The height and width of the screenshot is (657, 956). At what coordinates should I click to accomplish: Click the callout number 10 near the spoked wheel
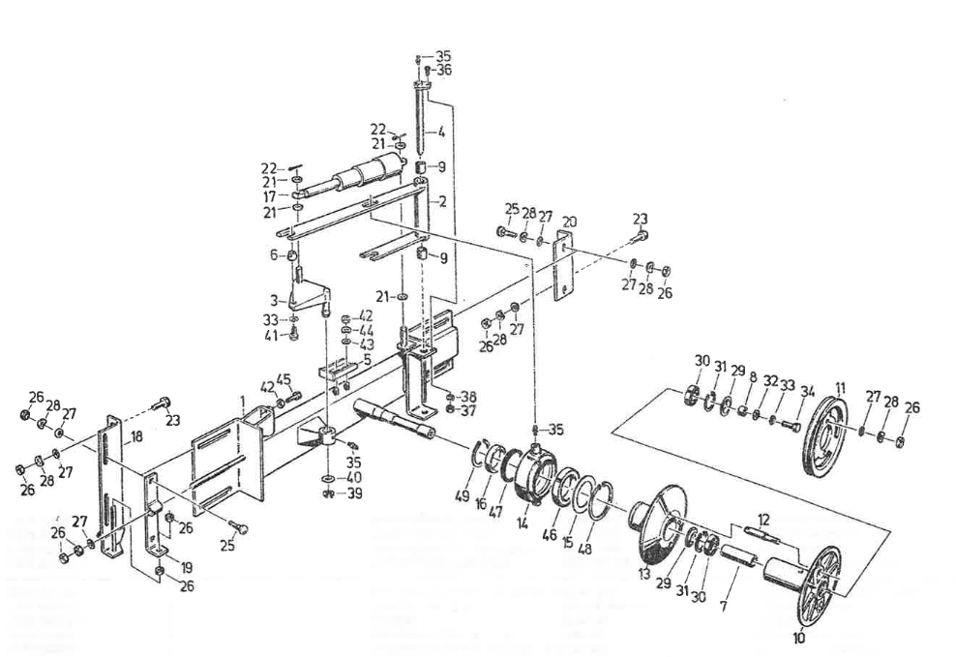coord(798,638)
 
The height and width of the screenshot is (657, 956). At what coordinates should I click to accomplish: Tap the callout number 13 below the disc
coord(643,573)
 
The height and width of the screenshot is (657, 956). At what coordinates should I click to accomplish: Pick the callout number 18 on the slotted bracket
coord(135,436)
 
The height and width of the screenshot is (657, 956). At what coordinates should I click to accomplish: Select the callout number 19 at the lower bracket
coord(187,568)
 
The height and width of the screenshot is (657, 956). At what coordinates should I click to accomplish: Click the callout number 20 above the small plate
coord(570,222)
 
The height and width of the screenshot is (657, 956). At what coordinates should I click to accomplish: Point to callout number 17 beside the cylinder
coord(270,196)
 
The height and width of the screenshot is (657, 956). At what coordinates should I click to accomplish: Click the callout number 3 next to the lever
coord(275,300)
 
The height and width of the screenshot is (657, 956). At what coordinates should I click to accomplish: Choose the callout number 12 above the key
coord(763,520)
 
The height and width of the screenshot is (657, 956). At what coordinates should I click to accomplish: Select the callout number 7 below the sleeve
coord(723,606)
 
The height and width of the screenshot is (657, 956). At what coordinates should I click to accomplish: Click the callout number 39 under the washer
coord(353,493)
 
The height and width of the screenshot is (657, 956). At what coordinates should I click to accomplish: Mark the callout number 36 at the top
coord(443,71)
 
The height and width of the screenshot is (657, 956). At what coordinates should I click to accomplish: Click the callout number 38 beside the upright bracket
coord(468,396)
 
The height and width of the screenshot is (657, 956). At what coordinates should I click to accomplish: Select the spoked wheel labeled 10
coord(820,573)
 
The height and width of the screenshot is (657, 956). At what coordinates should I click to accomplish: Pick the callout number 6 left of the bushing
coord(275,254)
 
